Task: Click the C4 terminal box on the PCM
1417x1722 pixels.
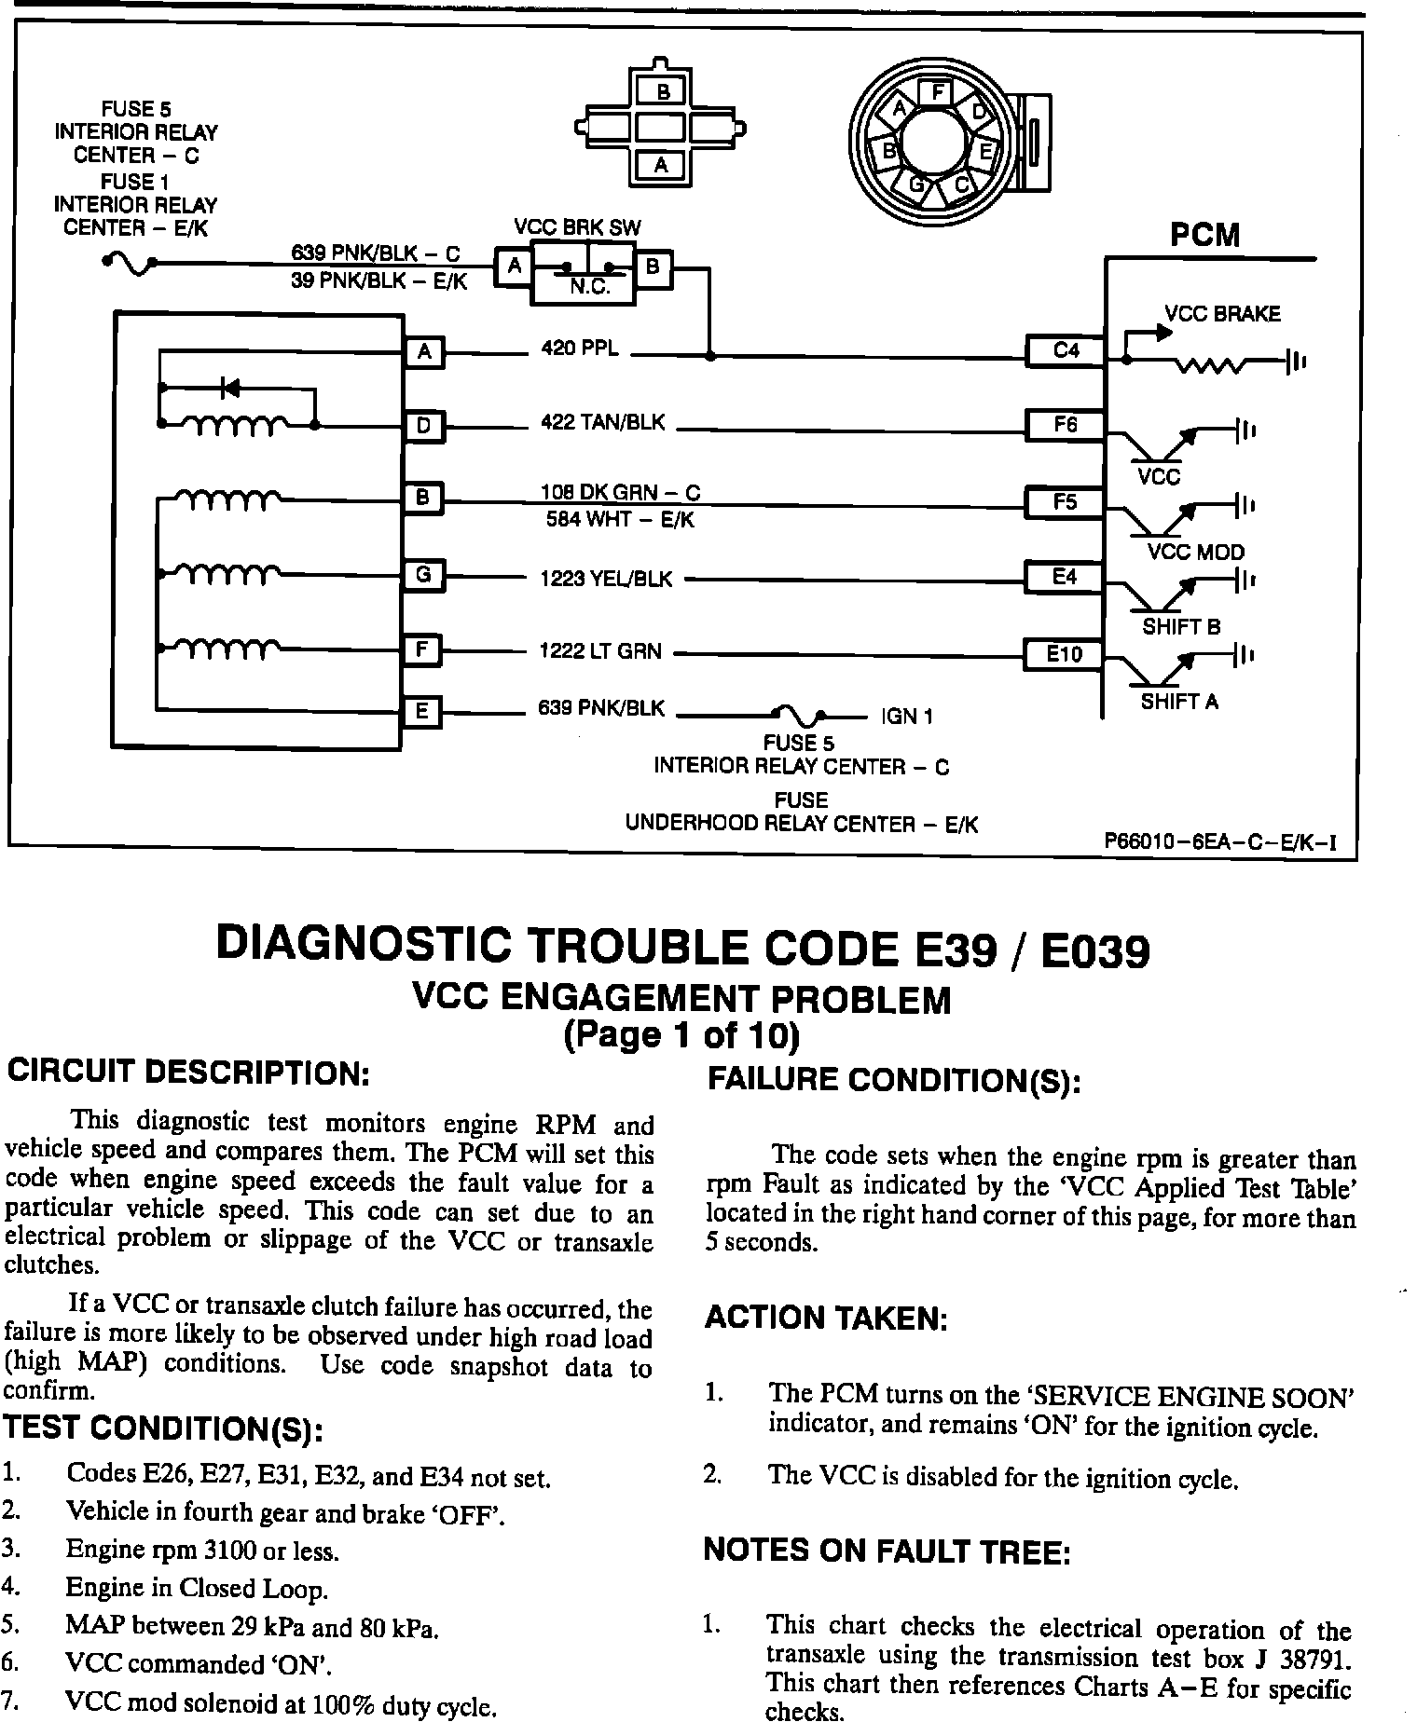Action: click(x=1066, y=350)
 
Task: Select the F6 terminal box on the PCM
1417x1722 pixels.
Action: click(x=1066, y=425)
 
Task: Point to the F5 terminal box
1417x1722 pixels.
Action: click(x=1065, y=502)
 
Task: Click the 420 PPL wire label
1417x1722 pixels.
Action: click(x=580, y=349)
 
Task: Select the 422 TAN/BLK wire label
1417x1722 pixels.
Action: click(x=603, y=423)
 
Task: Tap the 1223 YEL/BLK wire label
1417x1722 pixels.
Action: click(x=606, y=580)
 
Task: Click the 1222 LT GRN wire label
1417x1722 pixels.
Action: click(x=600, y=651)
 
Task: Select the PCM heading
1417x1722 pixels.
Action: click(x=1205, y=236)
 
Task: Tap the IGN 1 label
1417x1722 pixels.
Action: click(x=907, y=717)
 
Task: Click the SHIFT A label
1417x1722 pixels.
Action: click(x=1179, y=702)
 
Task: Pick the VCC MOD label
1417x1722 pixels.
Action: click(x=1196, y=553)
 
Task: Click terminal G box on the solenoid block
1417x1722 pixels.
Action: click(x=423, y=575)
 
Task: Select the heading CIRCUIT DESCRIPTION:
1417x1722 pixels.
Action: click(x=190, y=1073)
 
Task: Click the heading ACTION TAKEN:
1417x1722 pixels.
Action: click(x=826, y=1319)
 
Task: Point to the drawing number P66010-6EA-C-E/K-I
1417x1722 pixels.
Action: click(x=1219, y=843)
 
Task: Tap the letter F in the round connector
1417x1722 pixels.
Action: click(x=936, y=92)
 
